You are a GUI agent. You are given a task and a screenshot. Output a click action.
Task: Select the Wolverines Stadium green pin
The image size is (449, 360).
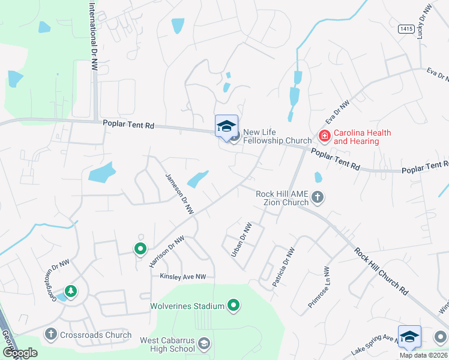pyautogui.click(x=234, y=306)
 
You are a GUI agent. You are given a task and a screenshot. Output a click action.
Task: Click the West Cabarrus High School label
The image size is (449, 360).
pyautogui.click(x=167, y=344)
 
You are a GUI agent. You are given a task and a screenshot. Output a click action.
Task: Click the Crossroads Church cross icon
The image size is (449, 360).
pyautogui.click(x=50, y=334)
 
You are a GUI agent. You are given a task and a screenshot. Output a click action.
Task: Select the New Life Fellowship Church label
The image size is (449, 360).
pyautogui.click(x=278, y=136)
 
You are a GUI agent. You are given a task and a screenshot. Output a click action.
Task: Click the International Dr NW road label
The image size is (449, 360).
pyautogui.click(x=93, y=35)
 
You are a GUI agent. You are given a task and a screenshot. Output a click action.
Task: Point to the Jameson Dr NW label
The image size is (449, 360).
pyautogui.click(x=180, y=193)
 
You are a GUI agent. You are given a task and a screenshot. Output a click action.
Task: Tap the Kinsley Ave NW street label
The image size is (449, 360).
pyautogui.click(x=182, y=277)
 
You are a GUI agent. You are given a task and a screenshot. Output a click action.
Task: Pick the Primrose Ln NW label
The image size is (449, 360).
pyautogui.click(x=319, y=287)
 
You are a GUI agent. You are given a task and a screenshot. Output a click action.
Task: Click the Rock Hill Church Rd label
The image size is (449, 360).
pyautogui.click(x=381, y=271)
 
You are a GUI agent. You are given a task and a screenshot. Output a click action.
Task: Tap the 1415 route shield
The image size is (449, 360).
pyautogui.click(x=405, y=28)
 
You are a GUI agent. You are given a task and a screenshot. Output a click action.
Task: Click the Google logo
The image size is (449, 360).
pyautogui.click(x=19, y=352)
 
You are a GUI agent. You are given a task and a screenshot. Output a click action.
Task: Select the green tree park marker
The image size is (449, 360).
pyautogui.click(x=71, y=291)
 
